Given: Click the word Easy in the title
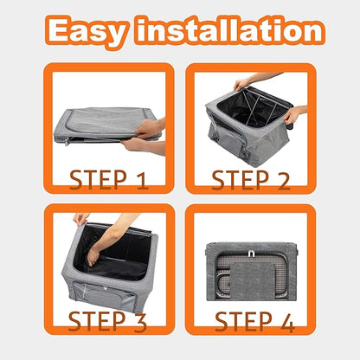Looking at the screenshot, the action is [x=87, y=31].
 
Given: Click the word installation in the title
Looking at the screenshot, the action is [x=229, y=29].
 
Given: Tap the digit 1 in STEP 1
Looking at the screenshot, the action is [x=142, y=181].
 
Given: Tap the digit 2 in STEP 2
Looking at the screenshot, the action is [x=284, y=181].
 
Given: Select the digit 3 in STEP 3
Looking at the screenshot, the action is [x=140, y=322].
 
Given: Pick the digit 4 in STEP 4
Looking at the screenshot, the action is [x=287, y=322].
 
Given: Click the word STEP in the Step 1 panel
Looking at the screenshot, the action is [x=99, y=180].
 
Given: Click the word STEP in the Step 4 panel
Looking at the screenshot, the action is [x=244, y=322].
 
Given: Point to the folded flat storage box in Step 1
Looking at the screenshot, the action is [x=106, y=125].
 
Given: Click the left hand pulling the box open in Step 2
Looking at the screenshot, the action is [x=241, y=84].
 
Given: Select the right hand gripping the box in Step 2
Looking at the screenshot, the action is [x=292, y=115].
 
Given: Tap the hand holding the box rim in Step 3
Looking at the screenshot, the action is [x=80, y=219].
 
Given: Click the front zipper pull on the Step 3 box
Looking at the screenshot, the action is [x=106, y=288].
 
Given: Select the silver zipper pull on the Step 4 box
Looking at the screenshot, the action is [x=251, y=254].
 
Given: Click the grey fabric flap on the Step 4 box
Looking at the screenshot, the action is [x=252, y=280].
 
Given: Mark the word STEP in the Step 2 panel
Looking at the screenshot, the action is [x=241, y=180].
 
